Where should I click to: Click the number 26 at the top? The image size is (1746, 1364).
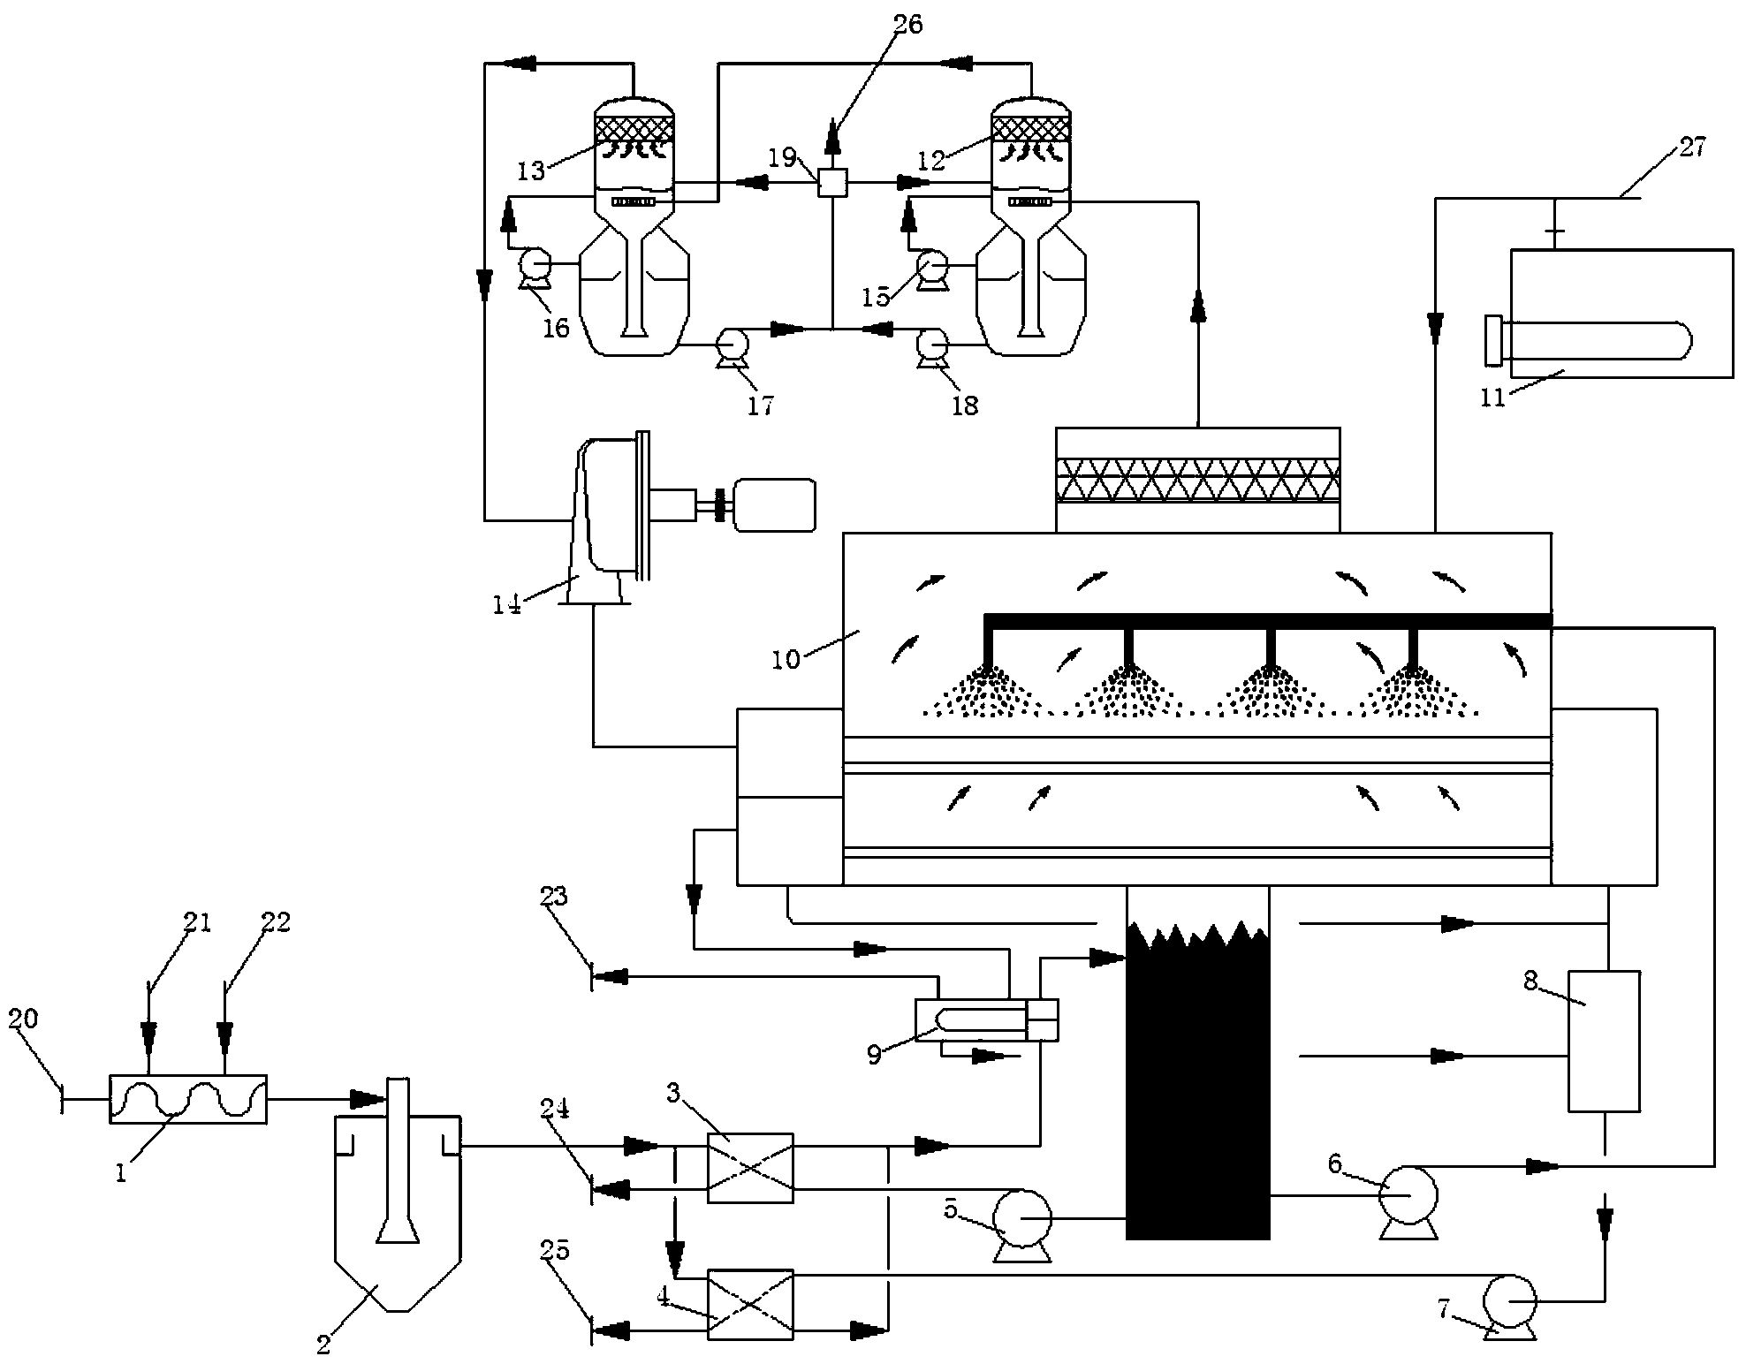click(908, 24)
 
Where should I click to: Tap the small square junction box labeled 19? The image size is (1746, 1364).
click(831, 183)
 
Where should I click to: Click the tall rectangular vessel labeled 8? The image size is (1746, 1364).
click(1604, 1041)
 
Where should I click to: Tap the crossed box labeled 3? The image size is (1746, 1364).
click(750, 1168)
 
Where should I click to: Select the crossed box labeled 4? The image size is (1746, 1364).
click(750, 1304)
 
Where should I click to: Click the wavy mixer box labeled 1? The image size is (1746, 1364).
click(187, 1098)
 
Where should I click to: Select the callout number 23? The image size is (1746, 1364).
click(554, 897)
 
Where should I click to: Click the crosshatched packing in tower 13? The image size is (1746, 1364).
click(635, 130)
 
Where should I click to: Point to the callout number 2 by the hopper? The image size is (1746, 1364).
click(323, 1345)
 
